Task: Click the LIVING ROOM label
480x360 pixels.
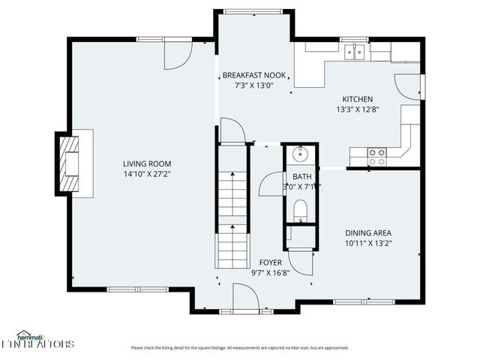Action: point(147,163)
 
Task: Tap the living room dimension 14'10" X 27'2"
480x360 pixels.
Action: point(147,173)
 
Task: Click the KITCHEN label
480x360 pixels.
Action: point(357,99)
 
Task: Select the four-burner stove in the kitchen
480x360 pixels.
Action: point(376,156)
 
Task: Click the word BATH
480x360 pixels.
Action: point(302,177)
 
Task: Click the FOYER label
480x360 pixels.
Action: point(270,262)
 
